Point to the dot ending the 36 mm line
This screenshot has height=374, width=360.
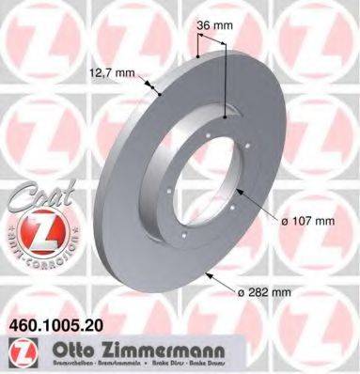[226, 117]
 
